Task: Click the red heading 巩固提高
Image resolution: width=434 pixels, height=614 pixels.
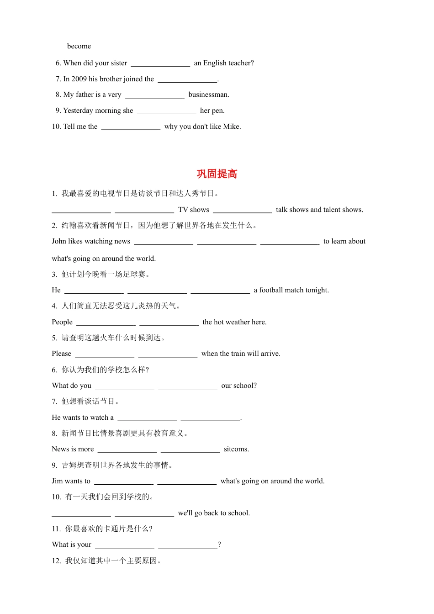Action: (217, 174)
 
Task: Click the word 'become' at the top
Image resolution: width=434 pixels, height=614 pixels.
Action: (79, 46)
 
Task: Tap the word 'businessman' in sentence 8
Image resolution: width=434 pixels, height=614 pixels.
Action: (208, 95)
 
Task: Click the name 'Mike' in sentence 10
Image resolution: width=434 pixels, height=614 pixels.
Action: (231, 127)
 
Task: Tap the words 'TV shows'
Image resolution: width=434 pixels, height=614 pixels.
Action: (194, 210)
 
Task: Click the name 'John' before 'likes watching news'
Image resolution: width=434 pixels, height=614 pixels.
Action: (59, 241)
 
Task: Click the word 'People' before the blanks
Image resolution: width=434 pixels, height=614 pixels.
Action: (62, 322)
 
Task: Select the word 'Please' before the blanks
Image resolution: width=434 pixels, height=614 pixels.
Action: (62, 354)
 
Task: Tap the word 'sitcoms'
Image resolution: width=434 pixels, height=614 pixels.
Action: (236, 449)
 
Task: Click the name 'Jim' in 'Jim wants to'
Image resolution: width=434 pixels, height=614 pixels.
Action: (57, 481)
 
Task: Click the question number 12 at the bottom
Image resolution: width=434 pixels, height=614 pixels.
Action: (56, 561)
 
